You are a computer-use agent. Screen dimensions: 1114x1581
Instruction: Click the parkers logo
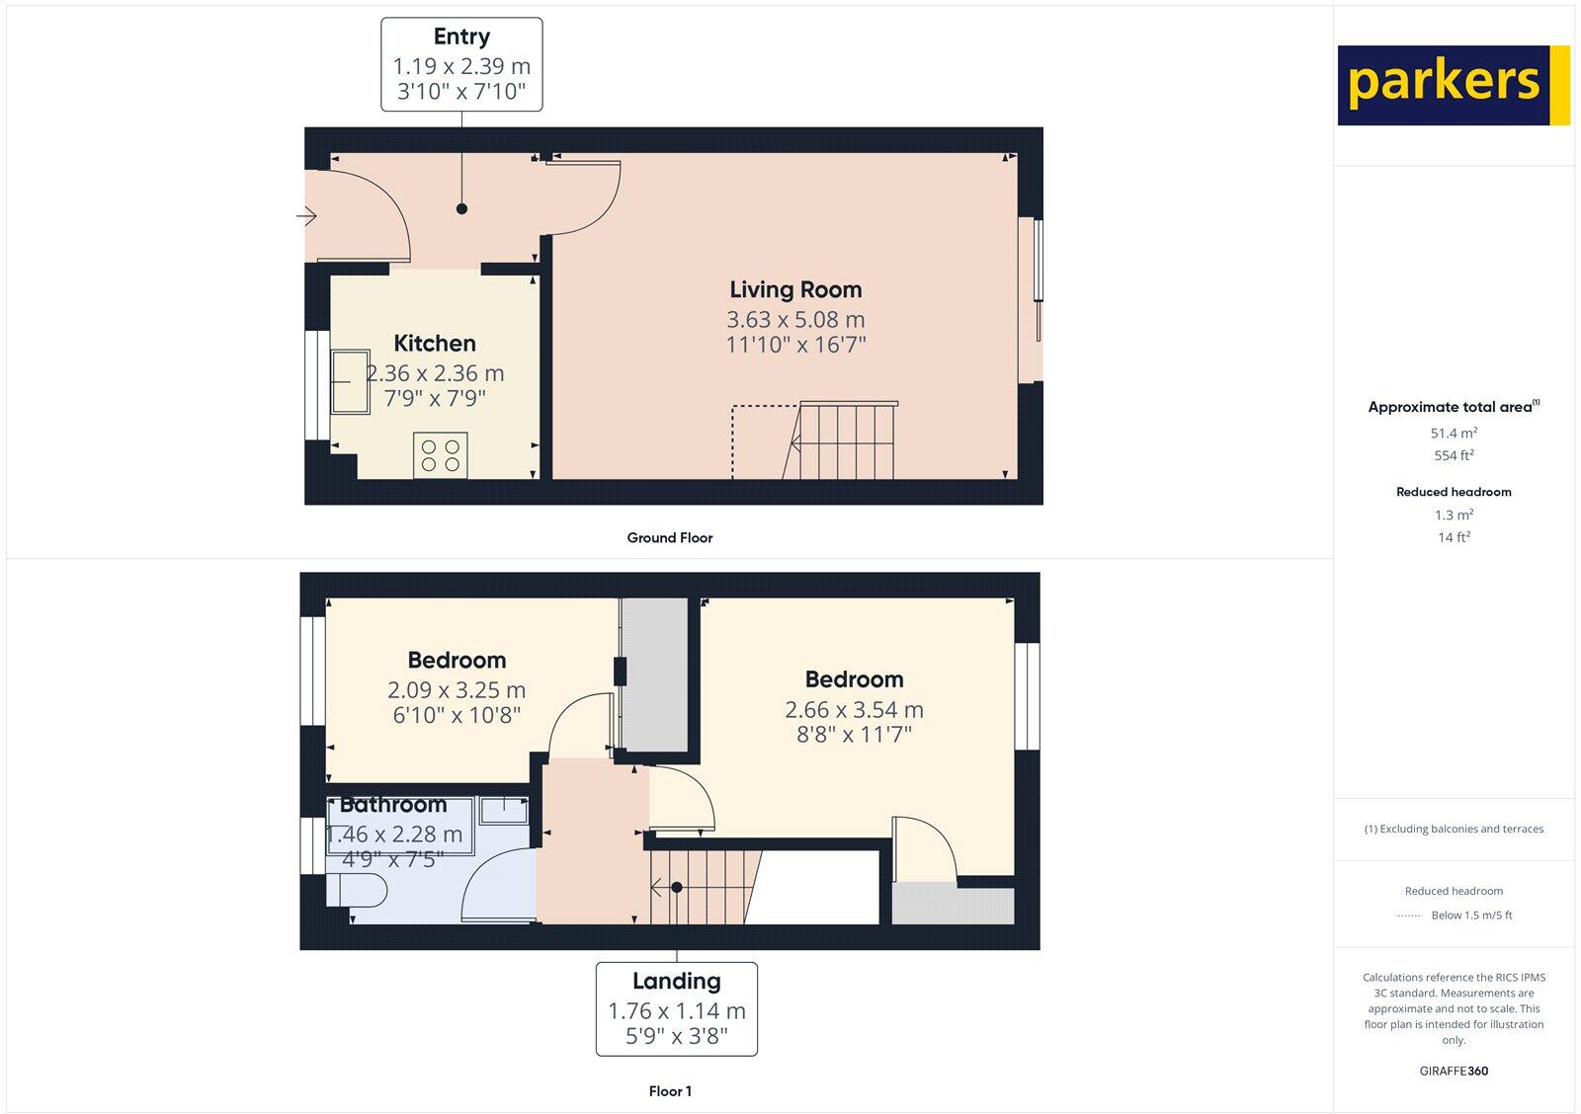[x=1453, y=85]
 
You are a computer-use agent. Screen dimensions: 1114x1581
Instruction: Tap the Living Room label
[x=795, y=289]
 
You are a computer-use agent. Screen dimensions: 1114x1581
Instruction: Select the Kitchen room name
[x=435, y=343]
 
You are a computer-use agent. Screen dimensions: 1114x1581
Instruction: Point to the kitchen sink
[x=350, y=381]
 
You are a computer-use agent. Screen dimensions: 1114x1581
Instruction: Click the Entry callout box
[x=461, y=64]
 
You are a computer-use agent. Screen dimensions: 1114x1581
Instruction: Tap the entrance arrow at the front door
[x=306, y=214]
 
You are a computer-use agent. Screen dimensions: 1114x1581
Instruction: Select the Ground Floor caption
[x=670, y=538]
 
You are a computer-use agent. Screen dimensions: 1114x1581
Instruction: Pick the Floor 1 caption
[x=670, y=1091]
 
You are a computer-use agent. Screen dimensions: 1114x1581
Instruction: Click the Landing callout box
[x=677, y=1008]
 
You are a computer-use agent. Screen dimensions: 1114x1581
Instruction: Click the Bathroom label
[x=393, y=805]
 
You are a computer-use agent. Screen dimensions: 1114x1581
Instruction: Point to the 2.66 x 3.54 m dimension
[x=854, y=709]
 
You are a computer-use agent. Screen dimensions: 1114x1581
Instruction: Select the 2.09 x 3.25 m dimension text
[x=457, y=690]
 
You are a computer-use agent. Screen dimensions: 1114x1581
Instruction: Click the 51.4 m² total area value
[x=1454, y=433]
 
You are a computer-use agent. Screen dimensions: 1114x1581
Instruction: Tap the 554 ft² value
[x=1454, y=455]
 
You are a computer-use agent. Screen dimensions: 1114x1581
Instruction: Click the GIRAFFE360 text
[x=1454, y=1071]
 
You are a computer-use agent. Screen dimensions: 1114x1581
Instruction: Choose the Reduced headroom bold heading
[x=1454, y=492]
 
